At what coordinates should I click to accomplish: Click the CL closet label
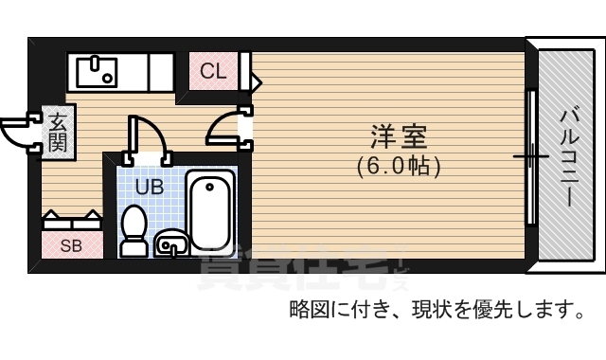[213, 71]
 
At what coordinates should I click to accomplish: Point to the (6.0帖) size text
[399, 166]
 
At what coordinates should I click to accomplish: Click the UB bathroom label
[149, 187]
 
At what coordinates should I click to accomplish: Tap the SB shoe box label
[71, 246]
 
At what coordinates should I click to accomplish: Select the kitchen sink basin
[96, 70]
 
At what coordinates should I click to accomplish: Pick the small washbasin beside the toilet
[170, 243]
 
